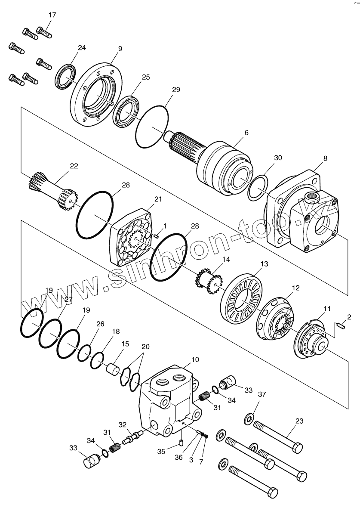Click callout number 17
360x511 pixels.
coord(52,15)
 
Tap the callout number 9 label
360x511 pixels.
coord(120,49)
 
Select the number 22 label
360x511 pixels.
coord(74,166)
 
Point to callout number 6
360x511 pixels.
coord(246,133)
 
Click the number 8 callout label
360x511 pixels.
coord(325,158)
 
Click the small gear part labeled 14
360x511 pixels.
coord(208,282)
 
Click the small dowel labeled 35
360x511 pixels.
coord(182,442)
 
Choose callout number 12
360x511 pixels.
coord(295,287)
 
